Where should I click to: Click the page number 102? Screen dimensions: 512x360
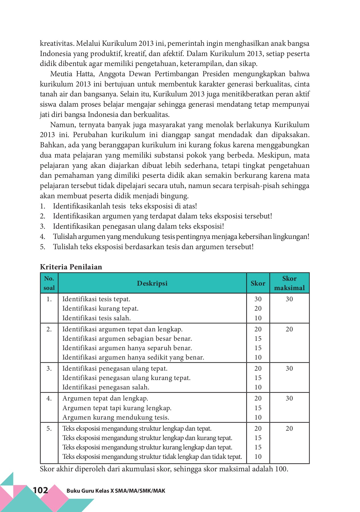coord(40,490)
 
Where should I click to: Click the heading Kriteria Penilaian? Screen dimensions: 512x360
coord(71,267)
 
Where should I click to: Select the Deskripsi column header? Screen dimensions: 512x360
coord(152,283)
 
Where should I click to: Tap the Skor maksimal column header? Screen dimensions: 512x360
coord(289,283)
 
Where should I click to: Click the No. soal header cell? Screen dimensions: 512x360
coord(49,283)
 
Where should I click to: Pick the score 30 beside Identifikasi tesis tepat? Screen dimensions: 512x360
coord(258,299)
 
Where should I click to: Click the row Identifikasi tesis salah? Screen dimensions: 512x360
coord(96,318)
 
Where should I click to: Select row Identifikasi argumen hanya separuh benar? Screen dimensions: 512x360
coord(127,348)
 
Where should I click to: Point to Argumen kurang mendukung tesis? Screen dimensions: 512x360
coord(116,417)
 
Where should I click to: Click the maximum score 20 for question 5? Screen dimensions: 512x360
coord(289,428)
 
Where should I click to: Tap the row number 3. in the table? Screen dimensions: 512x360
coord(49,368)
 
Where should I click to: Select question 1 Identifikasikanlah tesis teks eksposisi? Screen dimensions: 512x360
coord(125,206)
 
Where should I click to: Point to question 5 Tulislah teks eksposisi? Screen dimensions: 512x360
coord(153,247)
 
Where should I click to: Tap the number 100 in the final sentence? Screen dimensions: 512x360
coord(281,469)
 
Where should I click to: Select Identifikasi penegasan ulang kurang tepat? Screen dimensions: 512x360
coord(126,378)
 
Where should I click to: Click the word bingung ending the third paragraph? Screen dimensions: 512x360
coord(175,196)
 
